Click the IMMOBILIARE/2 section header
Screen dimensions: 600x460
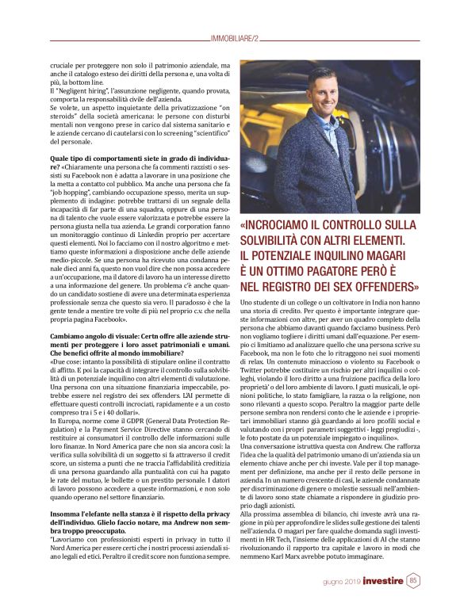230,39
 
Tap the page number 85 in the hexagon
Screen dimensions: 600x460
413,581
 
